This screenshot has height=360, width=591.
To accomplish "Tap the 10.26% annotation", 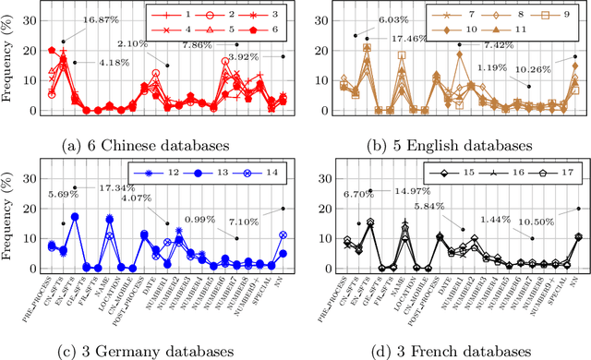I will [x=535, y=69].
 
